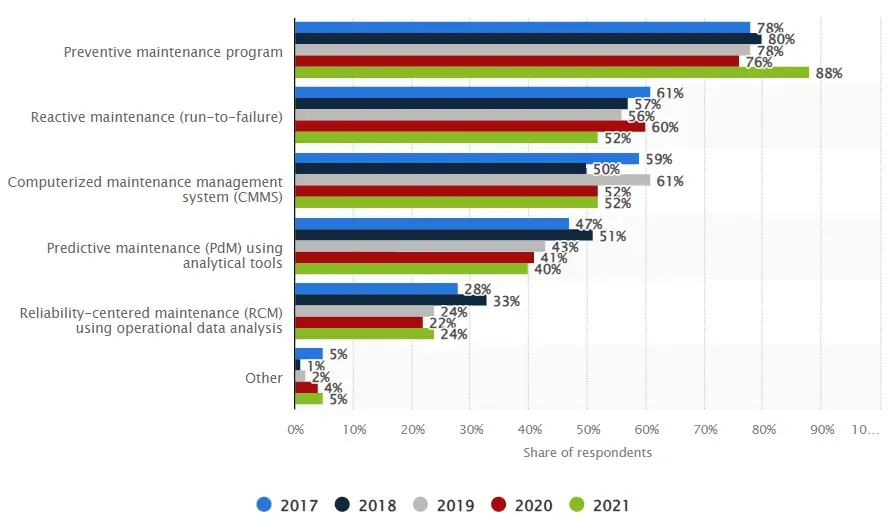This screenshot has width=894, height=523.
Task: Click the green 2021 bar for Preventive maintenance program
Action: (551, 72)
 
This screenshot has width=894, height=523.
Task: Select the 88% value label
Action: (829, 73)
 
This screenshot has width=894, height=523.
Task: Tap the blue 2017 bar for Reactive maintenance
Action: (472, 93)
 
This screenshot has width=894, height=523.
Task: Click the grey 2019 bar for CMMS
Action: (472, 180)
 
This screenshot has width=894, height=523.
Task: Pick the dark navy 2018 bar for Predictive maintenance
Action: (443, 236)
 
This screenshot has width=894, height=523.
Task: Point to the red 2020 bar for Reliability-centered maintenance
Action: (358, 322)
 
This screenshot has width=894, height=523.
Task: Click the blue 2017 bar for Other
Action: (309, 353)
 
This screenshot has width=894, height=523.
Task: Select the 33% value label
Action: (506, 301)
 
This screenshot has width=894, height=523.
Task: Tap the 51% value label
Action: (612, 236)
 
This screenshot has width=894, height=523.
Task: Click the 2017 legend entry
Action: (288, 505)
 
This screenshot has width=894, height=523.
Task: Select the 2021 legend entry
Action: (601, 505)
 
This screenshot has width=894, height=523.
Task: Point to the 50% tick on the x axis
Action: (587, 429)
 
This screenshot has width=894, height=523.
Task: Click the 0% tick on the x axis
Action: (295, 429)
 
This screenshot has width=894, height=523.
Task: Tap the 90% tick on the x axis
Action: (821, 429)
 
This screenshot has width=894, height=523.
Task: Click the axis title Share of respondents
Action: (587, 452)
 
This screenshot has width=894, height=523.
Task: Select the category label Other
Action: (264, 378)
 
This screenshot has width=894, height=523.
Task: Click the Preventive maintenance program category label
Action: (173, 52)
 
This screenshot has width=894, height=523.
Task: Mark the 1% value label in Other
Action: (316, 366)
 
